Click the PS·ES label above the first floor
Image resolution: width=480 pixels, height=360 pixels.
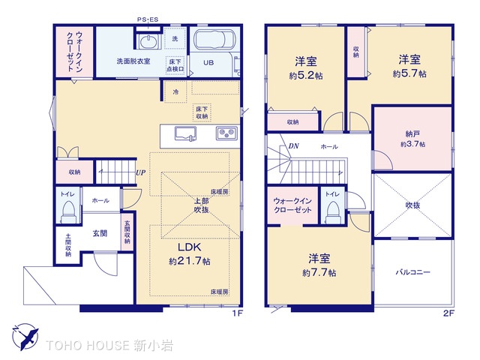point(148,19)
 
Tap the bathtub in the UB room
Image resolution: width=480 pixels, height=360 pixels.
point(215,39)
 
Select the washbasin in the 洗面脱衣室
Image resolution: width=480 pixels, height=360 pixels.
point(148,41)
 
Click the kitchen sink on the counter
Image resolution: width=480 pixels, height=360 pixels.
point(185,133)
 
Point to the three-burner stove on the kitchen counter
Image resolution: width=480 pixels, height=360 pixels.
point(226,133)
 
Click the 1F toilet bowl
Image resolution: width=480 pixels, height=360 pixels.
point(67,211)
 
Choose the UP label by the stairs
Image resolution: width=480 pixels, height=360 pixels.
point(140,172)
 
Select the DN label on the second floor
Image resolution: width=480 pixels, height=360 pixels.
point(293,146)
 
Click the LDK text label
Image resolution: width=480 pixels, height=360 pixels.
point(190,247)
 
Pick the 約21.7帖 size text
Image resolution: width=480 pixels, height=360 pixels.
point(190,261)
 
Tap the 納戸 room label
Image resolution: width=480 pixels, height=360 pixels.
point(412,133)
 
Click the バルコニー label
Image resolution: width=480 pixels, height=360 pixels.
point(413,271)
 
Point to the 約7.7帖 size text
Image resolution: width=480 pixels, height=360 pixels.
point(319,272)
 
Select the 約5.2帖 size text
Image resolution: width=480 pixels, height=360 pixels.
point(306,76)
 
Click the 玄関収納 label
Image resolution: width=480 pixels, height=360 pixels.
point(127,232)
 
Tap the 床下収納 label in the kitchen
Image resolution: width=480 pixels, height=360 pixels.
point(202,112)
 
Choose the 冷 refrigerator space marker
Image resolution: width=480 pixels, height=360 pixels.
point(175,91)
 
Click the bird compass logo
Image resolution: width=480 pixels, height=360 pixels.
point(25,337)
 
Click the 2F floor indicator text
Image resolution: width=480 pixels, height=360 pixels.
point(448,313)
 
